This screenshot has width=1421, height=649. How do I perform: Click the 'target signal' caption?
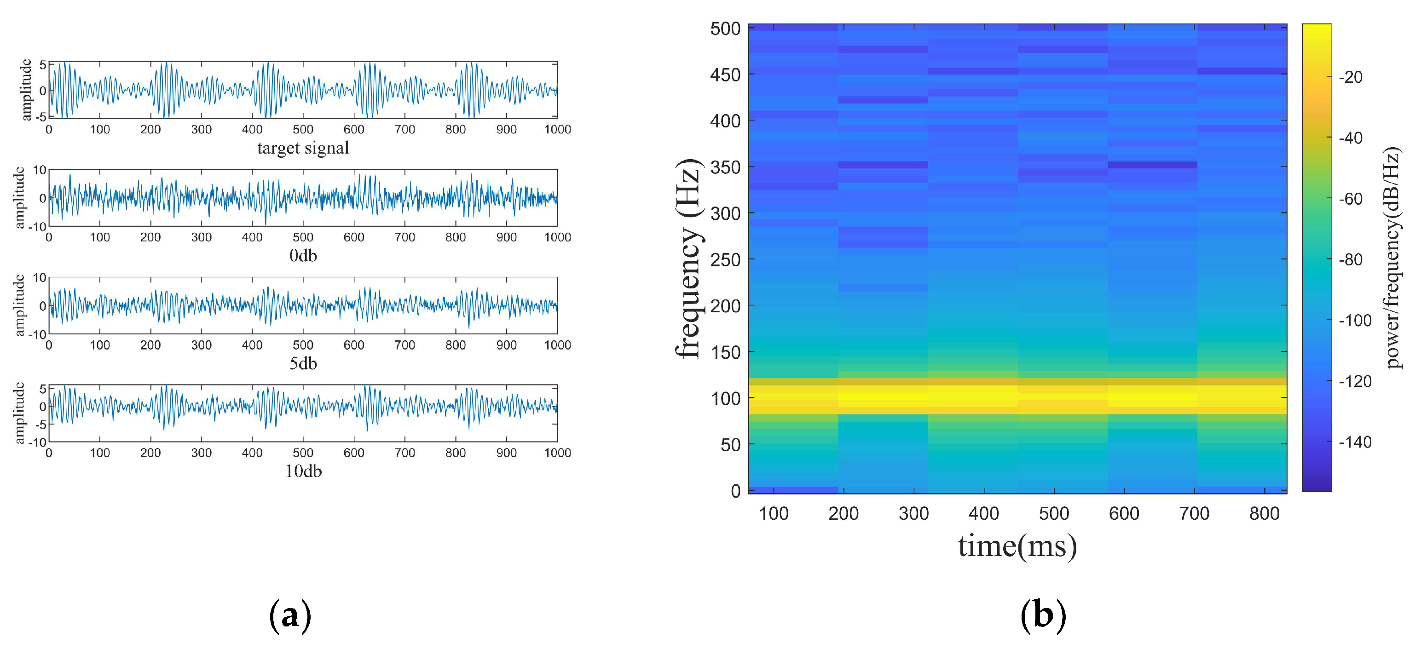coord(303,148)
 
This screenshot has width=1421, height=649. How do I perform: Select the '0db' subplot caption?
coord(303,255)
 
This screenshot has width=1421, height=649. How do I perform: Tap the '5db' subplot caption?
coord(303,363)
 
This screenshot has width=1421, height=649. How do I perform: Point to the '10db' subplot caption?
coord(303,471)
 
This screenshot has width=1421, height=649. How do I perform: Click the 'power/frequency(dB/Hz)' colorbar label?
coord(1392,258)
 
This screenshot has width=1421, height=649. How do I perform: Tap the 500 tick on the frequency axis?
coord(725,29)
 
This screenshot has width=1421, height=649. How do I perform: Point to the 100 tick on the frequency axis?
coord(725,398)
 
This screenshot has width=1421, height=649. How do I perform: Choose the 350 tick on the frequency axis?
coord(725,167)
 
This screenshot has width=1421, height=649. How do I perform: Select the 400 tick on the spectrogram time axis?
coord(983,514)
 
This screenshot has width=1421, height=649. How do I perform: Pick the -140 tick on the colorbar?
coord(1355,442)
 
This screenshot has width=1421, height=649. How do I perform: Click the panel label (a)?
coord(290,615)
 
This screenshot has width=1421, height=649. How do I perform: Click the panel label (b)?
coord(1043,615)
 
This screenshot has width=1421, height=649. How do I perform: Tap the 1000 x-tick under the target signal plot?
coord(557,130)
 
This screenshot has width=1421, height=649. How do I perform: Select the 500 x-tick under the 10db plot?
coord(303,453)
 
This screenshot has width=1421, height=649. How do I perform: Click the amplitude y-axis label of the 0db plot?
coord(20,197)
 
